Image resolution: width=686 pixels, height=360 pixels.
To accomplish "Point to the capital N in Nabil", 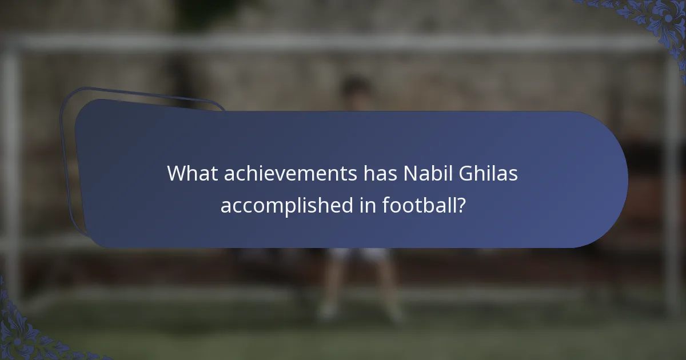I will [x=409, y=174].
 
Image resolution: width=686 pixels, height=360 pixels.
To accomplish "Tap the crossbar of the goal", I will [x=343, y=43].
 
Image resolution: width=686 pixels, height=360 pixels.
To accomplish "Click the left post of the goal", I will [x=10, y=171].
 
